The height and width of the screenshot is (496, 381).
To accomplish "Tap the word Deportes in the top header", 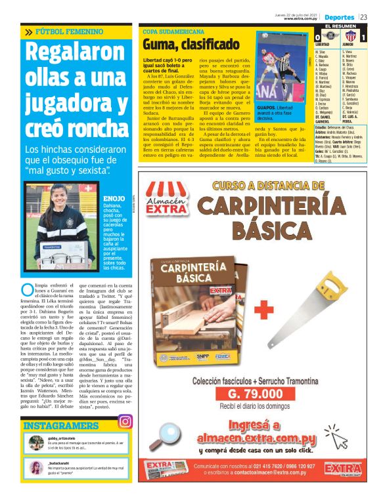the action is (x=339, y=16).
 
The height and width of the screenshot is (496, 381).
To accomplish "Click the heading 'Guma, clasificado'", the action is (x=192, y=45).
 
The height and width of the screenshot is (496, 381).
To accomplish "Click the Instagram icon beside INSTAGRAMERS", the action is (x=124, y=423).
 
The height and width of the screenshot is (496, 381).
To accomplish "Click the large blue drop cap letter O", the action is (x=27, y=290).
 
